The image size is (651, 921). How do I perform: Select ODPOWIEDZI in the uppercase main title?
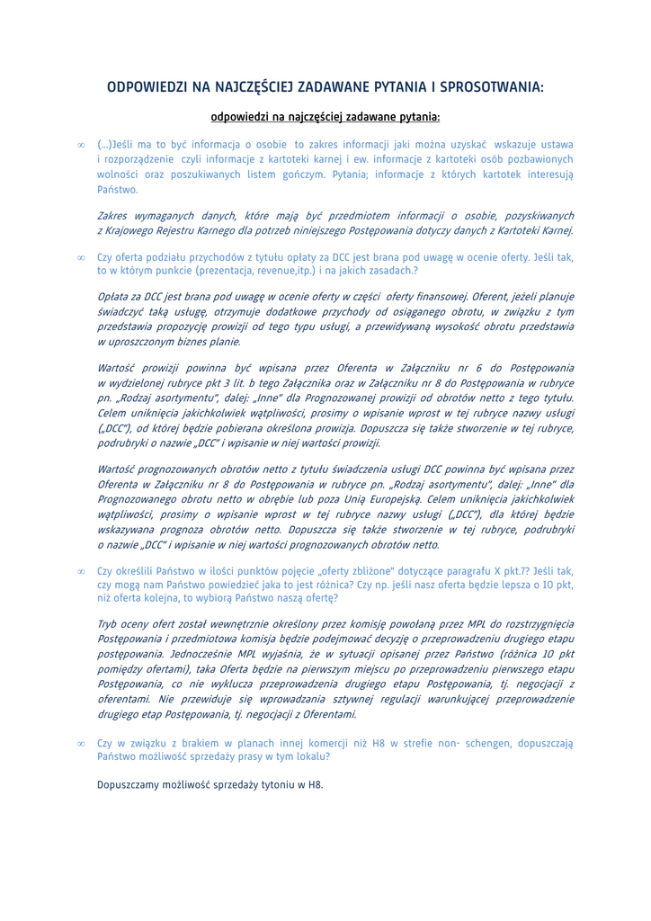[146, 87]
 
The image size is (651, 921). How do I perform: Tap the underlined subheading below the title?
[325, 117]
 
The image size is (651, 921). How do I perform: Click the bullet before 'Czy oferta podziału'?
[81, 257]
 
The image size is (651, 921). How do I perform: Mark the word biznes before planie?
[197, 341]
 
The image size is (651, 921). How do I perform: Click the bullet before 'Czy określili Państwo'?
[81, 570]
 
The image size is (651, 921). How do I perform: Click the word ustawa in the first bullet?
[557, 144]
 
